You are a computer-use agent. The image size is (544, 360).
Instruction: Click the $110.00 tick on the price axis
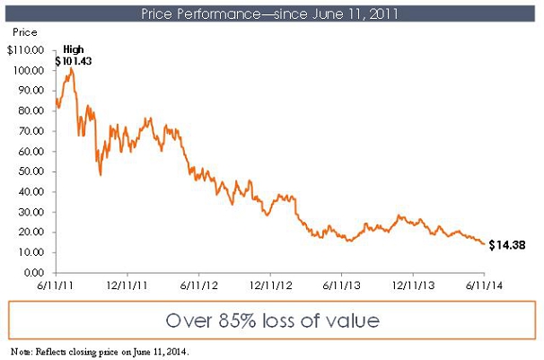(x=26, y=51)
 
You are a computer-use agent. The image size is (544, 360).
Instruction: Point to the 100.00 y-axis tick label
(x=29, y=71)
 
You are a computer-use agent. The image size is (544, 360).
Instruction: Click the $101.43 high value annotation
(x=74, y=60)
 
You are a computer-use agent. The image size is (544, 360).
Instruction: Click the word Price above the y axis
(x=22, y=31)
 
